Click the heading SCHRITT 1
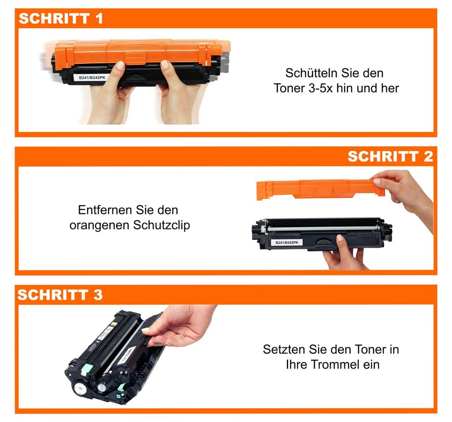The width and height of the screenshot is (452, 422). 61,19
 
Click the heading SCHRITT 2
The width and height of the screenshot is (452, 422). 390,156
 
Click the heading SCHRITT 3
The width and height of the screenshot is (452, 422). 60,295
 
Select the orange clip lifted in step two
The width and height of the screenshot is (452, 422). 318,188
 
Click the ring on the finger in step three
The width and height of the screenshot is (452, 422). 181,335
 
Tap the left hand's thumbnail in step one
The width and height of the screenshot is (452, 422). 120,65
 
